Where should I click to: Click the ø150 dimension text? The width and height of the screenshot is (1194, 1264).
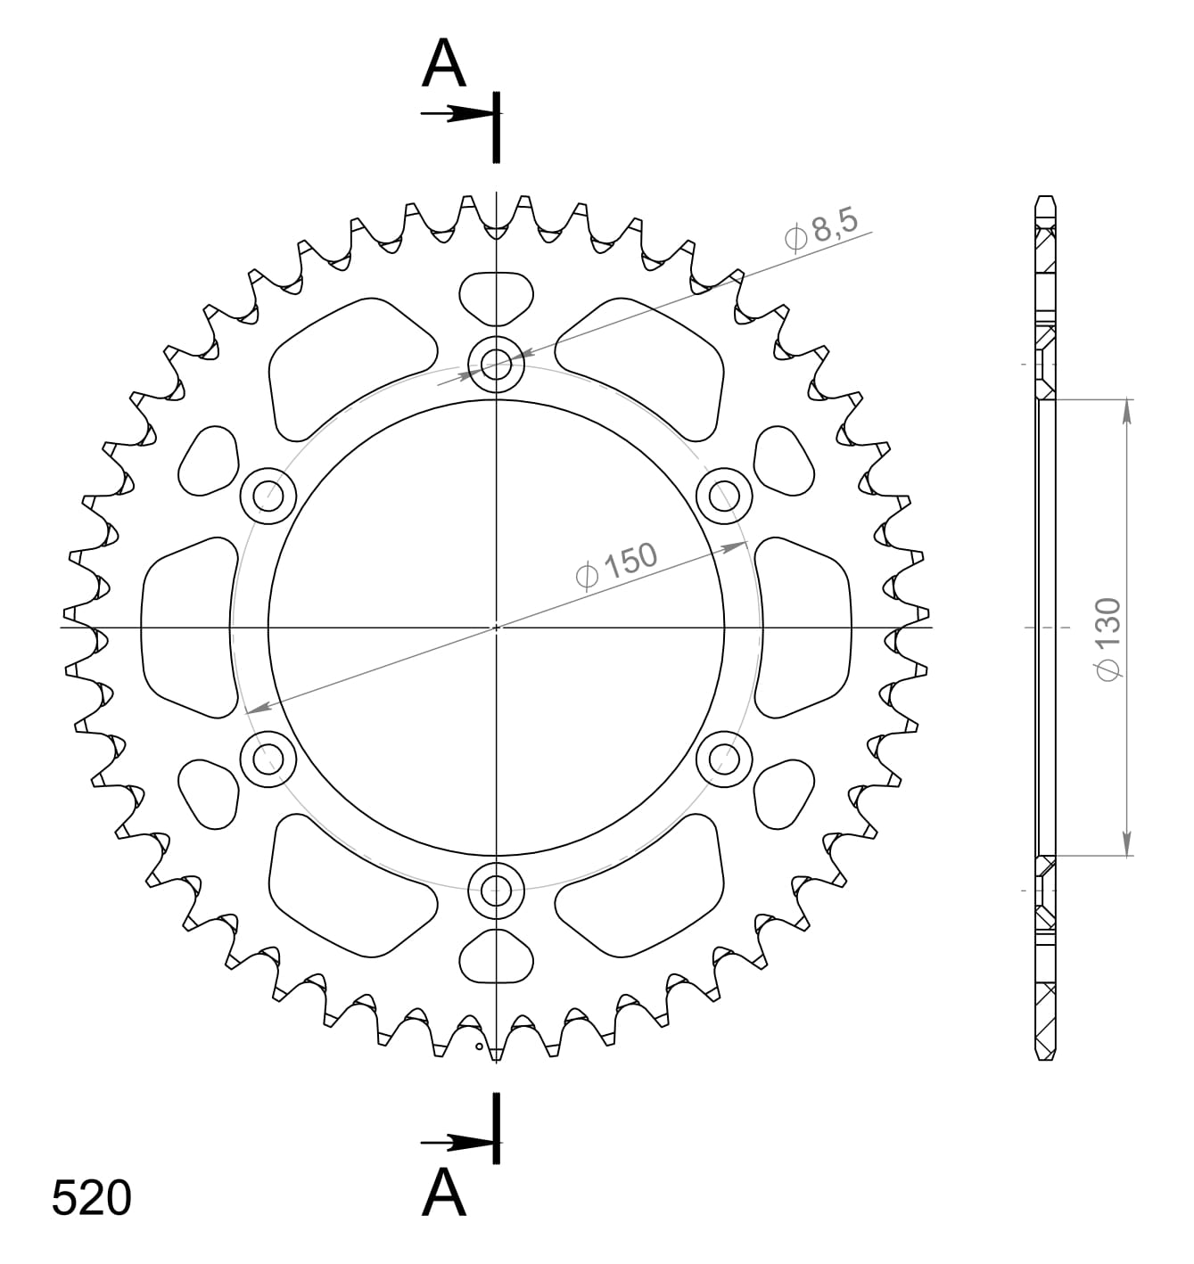pyautogui.click(x=617, y=565)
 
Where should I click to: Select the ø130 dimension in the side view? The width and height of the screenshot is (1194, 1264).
pyautogui.click(x=1108, y=640)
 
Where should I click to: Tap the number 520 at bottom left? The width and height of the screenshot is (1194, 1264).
pyautogui.click(x=92, y=1198)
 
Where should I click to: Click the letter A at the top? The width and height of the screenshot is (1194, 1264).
pyautogui.click(x=443, y=64)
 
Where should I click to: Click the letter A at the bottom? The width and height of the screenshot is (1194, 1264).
pyautogui.click(x=443, y=1193)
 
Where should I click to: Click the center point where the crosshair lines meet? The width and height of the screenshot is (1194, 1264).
pyautogui.click(x=497, y=628)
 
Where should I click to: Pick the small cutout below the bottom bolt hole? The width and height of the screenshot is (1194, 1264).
pyautogui.click(x=497, y=956)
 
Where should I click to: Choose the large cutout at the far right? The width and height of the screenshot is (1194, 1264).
pyautogui.click(x=804, y=628)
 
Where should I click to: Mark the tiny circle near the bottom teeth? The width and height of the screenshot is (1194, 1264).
pyautogui.click(x=479, y=1046)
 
